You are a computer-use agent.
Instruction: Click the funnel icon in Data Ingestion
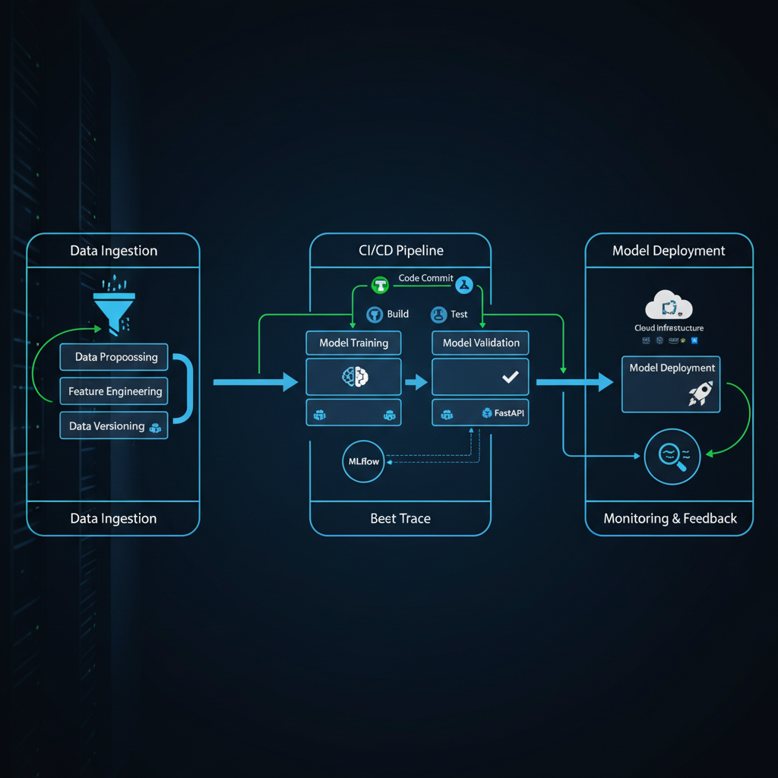[x=113, y=307]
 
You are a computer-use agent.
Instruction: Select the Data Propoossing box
[x=114, y=357]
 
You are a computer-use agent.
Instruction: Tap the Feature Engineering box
[x=114, y=391]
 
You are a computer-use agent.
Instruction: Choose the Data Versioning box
[x=114, y=426]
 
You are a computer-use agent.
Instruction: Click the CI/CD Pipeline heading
[x=400, y=250]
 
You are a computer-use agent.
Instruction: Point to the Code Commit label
[x=425, y=278]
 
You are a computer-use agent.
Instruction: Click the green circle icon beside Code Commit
[x=380, y=285]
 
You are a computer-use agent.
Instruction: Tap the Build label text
[x=397, y=314]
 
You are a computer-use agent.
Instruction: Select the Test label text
[x=459, y=314]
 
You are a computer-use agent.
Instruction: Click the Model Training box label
[x=353, y=343]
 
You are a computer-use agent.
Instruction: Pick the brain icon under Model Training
[x=355, y=376]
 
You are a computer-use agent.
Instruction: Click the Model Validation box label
[x=481, y=343]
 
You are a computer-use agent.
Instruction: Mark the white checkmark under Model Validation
[x=510, y=377]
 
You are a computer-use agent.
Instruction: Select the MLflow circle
[x=364, y=461]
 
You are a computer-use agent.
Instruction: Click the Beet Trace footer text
[x=400, y=519]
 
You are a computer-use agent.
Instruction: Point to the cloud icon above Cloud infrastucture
[x=669, y=305]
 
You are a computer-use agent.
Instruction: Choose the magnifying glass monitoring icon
[x=671, y=457]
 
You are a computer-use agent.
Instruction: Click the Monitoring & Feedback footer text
[x=669, y=519]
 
